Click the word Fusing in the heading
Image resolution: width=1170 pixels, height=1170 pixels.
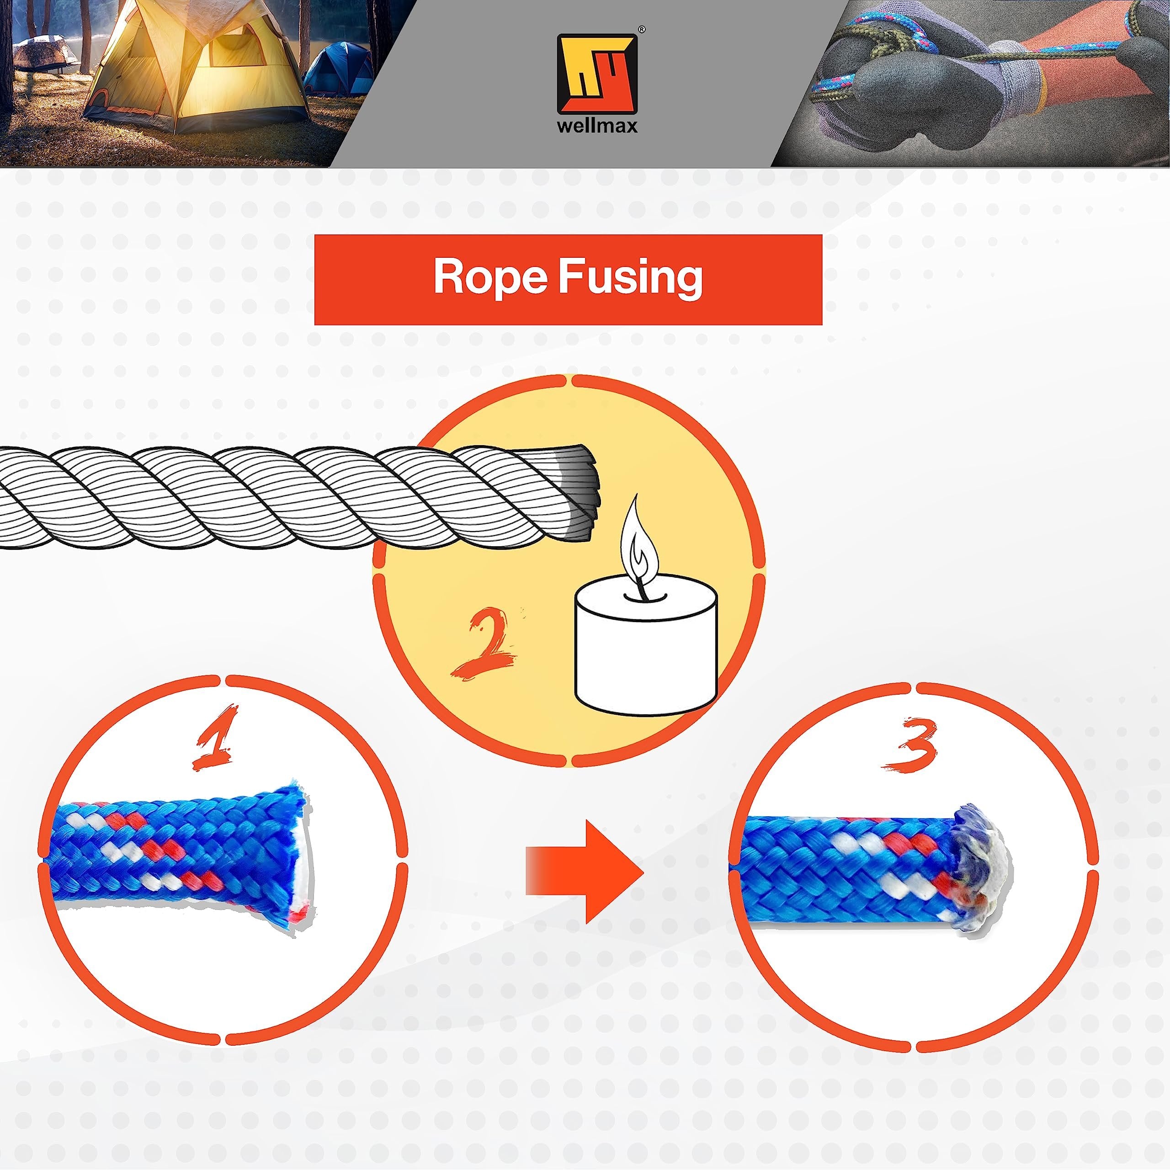coord(630,279)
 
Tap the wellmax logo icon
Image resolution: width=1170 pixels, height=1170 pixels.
coord(597,73)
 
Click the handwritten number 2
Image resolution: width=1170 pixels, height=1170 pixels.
coord(485,644)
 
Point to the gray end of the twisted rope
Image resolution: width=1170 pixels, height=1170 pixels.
coord(581,492)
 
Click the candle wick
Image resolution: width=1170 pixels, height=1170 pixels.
coord(639,586)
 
